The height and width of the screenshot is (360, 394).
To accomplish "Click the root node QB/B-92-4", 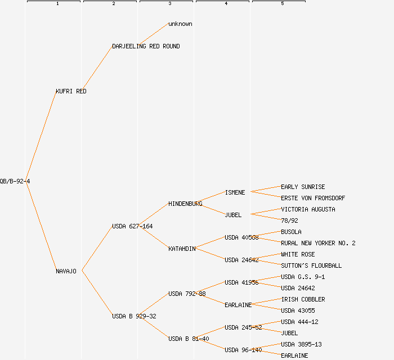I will click(x=15, y=181).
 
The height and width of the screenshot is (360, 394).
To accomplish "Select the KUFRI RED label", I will click(x=71, y=91).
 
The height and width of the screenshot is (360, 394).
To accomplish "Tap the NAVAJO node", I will click(x=66, y=271).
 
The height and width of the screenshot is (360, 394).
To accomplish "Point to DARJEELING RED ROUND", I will click(x=146, y=46).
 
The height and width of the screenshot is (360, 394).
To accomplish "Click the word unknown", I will click(x=180, y=24).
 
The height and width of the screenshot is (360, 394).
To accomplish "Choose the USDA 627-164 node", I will click(x=132, y=226).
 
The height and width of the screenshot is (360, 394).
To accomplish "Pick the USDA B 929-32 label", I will click(x=134, y=316).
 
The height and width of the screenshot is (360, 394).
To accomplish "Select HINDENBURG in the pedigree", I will click(x=185, y=204).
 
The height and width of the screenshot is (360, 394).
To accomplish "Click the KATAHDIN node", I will click(x=182, y=249).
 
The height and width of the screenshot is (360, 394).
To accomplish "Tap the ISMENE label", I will click(x=235, y=192).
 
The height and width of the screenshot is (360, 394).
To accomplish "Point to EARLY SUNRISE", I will click(x=303, y=187).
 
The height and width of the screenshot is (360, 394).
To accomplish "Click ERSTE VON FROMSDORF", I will click(x=313, y=198).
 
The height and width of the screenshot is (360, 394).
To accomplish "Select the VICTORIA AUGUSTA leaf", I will click(x=308, y=209).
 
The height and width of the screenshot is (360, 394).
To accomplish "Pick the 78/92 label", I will click(x=289, y=220).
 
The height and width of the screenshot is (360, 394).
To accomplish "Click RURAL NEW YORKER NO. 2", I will click(x=318, y=243).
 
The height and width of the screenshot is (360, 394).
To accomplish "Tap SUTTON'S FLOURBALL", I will click(x=311, y=265).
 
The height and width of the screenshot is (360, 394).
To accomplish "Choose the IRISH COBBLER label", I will click(x=303, y=299).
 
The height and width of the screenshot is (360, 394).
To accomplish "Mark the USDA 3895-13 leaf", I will click(x=301, y=344).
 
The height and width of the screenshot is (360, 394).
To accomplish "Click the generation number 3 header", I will click(x=169, y=4).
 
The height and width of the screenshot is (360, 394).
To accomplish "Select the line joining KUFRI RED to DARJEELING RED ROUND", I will click(x=98, y=69).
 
